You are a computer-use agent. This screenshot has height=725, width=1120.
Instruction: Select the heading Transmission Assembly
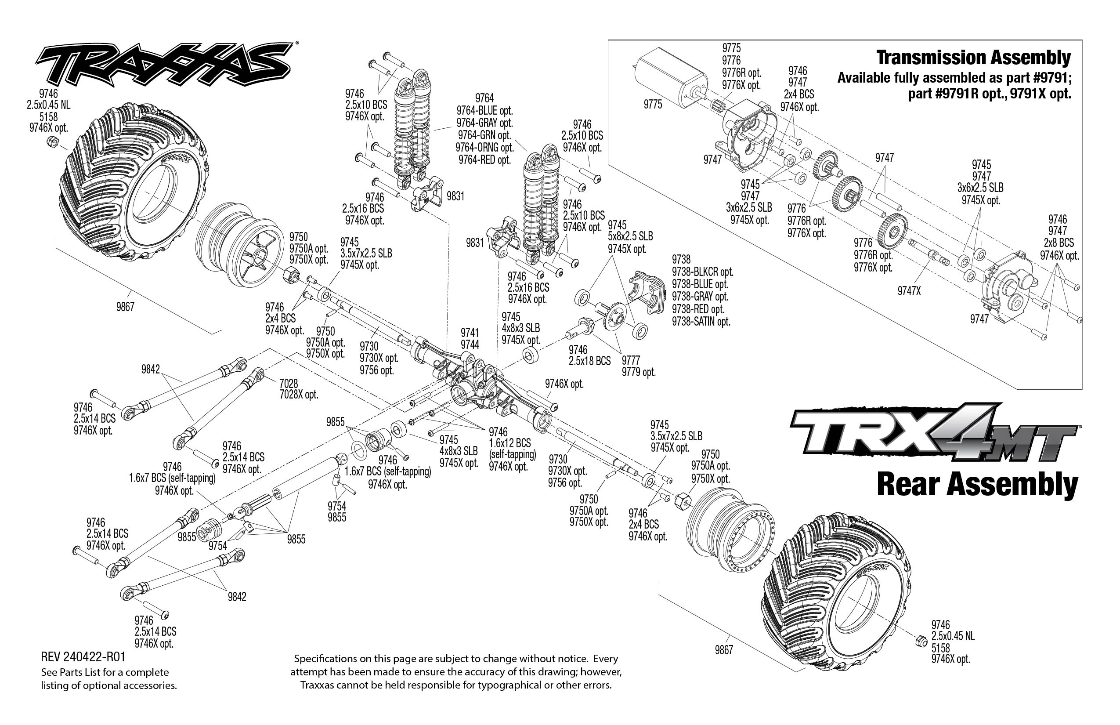[973, 58]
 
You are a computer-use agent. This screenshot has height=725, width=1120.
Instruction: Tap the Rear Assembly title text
[977, 485]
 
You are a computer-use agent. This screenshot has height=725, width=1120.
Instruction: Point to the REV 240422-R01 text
[83, 657]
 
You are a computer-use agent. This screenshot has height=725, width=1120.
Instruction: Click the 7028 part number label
[289, 384]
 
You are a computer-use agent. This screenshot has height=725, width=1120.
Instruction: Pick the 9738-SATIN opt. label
[701, 322]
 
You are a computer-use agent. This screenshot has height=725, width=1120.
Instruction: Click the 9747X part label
[909, 291]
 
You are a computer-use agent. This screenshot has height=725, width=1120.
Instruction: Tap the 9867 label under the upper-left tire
[125, 308]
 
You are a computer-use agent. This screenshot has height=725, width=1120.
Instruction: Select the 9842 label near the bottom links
[237, 597]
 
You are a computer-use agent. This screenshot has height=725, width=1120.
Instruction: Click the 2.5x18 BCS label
[589, 361]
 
